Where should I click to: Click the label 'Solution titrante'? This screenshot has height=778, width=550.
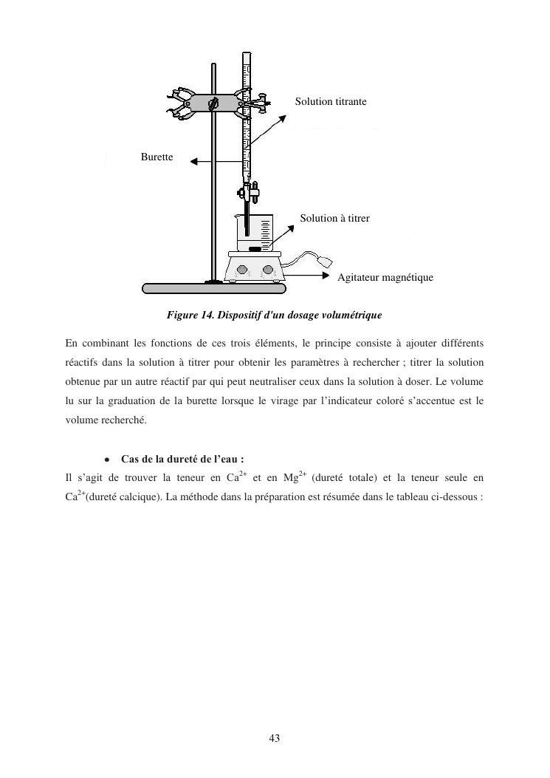coord(331,101)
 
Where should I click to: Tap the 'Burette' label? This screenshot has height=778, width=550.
coord(157,157)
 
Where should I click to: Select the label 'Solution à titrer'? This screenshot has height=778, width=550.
coord(334,219)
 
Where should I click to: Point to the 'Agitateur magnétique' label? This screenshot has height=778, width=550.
coord(385,278)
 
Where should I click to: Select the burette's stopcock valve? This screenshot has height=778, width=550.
coord(247,194)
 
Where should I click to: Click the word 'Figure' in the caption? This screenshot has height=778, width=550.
coord(182,315)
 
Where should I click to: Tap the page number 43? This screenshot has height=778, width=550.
coord(275,737)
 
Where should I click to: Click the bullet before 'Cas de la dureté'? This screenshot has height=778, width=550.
coord(108,459)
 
